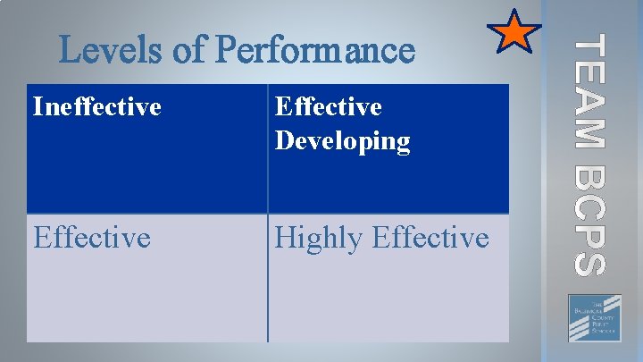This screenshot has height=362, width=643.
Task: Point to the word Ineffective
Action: pos(96,107)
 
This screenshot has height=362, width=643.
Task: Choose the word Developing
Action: pos(343,141)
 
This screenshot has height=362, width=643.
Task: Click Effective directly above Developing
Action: pos(329,107)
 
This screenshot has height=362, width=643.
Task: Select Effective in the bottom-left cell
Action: pos(91,238)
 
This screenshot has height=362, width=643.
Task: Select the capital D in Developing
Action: pos(286,141)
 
